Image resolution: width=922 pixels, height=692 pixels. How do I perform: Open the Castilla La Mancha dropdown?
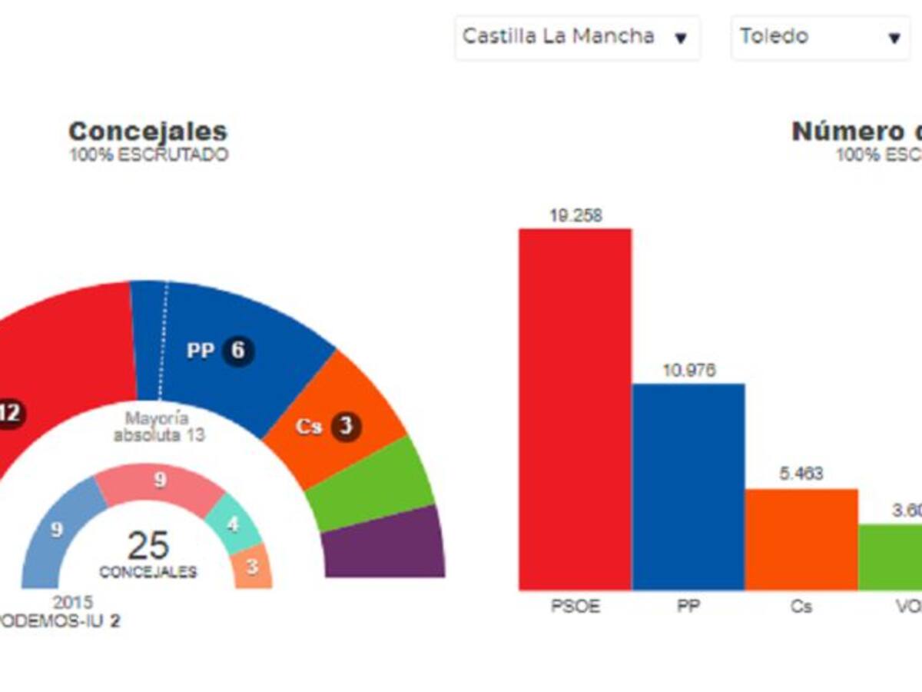tap(576, 37)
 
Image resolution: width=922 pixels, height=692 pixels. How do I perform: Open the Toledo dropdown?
tap(820, 37)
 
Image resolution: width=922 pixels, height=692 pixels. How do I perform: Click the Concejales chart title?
tap(148, 131)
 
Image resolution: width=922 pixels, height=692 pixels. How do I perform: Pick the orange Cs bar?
tap(801, 539)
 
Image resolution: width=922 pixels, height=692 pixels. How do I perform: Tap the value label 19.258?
tap(575, 216)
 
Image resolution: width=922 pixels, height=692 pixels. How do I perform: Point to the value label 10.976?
tap(688, 371)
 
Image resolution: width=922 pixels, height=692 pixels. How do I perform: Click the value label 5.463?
tap(801, 474)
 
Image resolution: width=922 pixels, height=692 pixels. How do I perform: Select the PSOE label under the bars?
tap(575, 607)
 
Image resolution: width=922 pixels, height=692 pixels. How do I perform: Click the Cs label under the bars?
tap(801, 607)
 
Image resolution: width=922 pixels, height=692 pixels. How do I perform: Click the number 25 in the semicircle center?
tap(148, 547)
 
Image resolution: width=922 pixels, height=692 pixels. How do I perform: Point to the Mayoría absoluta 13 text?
tap(159, 427)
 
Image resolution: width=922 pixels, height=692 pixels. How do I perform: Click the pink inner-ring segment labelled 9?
tap(160, 484)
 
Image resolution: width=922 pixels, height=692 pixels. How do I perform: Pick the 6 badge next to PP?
tap(238, 351)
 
